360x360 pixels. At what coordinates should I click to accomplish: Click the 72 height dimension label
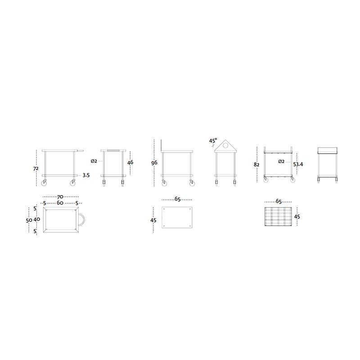[36, 169]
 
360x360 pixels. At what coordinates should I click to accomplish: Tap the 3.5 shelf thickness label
[86, 175]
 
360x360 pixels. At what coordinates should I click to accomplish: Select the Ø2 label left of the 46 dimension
[94, 161]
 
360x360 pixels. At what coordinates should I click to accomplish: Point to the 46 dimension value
[130, 162]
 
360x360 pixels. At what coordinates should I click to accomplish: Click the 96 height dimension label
[154, 163]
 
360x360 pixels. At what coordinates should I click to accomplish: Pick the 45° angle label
[213, 140]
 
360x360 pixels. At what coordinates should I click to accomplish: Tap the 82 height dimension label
[256, 165]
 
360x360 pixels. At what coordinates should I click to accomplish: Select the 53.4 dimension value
[298, 164]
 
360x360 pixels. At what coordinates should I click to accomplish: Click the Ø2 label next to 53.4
[282, 162]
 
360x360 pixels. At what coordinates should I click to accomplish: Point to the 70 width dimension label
[60, 197]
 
